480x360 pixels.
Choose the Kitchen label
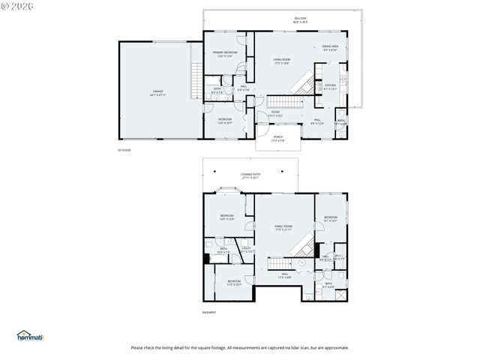330,86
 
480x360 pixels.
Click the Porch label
277,137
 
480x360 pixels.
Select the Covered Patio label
250,175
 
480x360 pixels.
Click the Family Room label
283,227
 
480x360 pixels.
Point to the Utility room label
246,249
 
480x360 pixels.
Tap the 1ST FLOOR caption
124,151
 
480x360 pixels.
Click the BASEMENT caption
209,312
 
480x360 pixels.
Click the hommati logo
30,336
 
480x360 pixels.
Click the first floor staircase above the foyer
283,101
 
